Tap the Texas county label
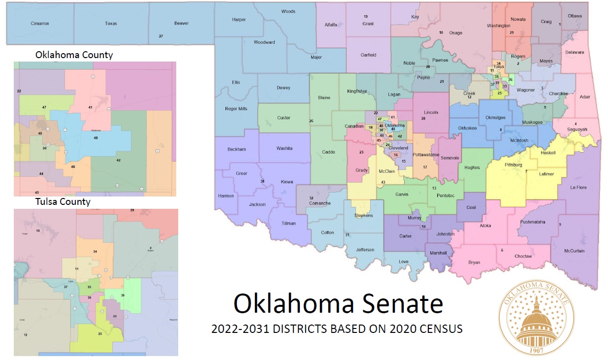pos(111,23)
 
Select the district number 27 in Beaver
pos(160,36)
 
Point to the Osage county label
pos(455,33)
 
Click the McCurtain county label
pos(575,251)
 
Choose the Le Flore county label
pos(578,188)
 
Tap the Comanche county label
pos(320,203)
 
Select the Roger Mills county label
pos(236,109)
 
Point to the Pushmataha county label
pos(533,222)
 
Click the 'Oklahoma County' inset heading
pos(74,55)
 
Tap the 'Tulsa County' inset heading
pos(63,201)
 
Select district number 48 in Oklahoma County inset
pos(96,138)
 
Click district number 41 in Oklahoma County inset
pos(90,107)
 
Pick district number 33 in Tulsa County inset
pos(114,316)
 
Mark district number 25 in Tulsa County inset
pos(99,334)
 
